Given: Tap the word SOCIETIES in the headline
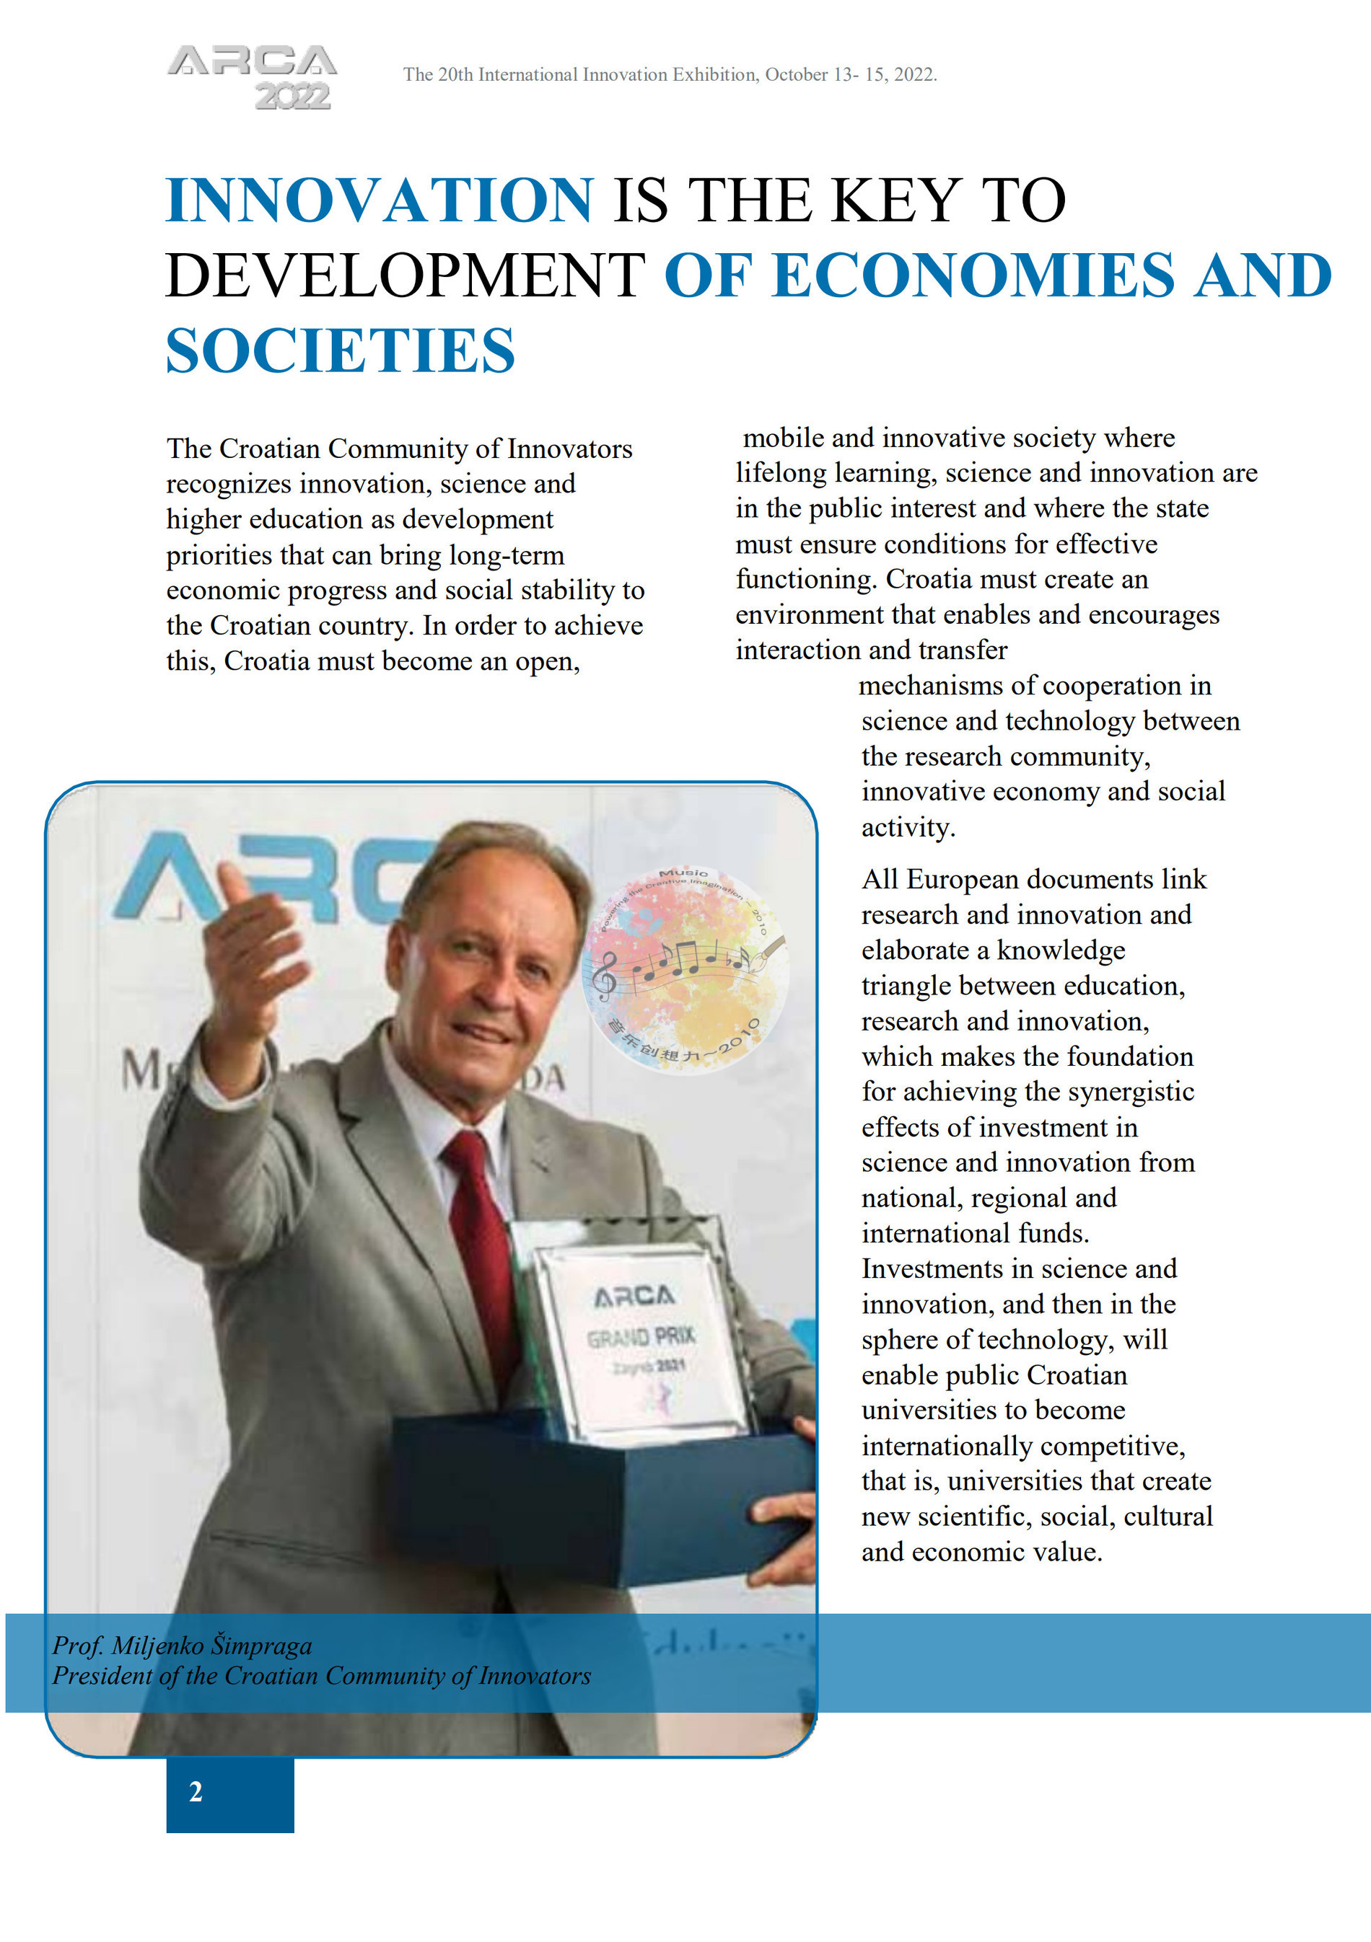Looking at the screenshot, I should pos(340,351).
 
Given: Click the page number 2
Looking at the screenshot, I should pos(196,1791).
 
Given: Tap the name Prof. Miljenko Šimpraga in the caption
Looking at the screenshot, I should pos(182,1645).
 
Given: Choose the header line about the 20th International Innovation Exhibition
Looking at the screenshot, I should pos(670,74).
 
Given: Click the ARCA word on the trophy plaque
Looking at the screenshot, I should pos(634,1296).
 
